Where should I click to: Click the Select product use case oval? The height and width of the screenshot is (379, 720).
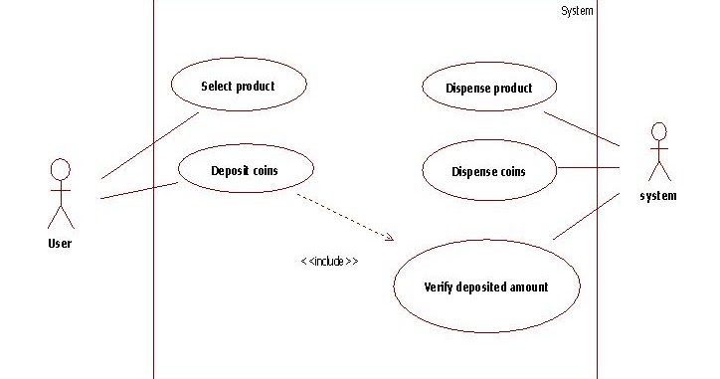click(238, 86)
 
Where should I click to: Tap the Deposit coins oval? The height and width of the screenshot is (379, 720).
click(244, 170)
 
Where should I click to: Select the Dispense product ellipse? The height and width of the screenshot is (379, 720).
click(490, 88)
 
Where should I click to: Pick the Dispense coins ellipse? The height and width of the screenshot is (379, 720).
click(488, 171)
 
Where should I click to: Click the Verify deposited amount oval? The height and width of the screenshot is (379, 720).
click(486, 286)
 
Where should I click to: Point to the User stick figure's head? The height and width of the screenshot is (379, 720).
click(61, 168)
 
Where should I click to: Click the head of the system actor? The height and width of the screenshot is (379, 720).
click(657, 132)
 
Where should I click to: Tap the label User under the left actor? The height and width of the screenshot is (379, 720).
click(60, 243)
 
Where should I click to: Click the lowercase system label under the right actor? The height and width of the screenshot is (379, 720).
click(658, 196)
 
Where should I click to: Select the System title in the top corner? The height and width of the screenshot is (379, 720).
click(577, 11)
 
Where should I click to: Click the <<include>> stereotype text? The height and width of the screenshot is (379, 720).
click(329, 261)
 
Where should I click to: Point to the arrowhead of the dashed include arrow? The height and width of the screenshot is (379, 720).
click(391, 238)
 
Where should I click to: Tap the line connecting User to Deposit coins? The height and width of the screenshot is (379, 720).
click(139, 191)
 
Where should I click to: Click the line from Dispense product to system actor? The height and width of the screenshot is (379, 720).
click(582, 128)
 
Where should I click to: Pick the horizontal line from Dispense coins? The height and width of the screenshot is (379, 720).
click(588, 167)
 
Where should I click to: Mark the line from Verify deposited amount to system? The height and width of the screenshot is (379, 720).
click(587, 216)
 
